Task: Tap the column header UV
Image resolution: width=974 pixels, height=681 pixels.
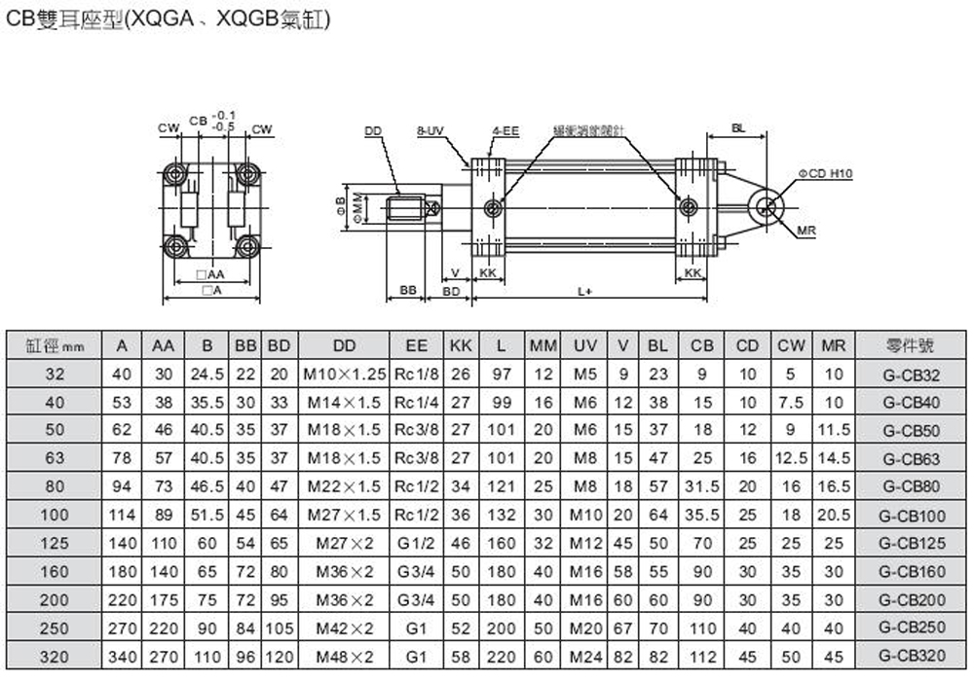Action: coord(584,345)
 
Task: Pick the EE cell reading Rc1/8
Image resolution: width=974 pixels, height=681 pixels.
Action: coord(416,374)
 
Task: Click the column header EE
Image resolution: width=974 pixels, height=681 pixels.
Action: coord(416,345)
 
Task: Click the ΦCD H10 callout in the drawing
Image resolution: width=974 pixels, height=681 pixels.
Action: coord(824,173)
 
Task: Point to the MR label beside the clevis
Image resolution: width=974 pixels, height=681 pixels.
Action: coord(805,231)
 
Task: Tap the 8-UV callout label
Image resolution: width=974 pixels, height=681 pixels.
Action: coord(431,129)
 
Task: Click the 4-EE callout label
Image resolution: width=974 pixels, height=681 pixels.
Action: coord(506,129)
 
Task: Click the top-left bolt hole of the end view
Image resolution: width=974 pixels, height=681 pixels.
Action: coord(176,174)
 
